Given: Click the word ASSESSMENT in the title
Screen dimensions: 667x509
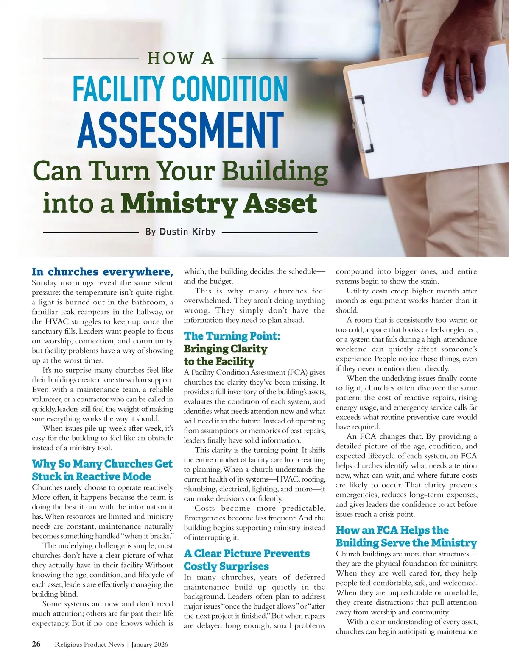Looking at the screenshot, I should point(180,130).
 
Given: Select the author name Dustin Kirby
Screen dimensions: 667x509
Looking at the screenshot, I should point(187,232).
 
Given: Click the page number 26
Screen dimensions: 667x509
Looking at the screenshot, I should point(36,644).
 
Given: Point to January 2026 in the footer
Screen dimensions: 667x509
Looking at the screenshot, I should point(150,645).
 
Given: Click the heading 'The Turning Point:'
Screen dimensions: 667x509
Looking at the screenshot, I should point(232,336).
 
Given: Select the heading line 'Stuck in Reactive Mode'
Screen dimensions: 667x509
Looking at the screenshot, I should point(91,476).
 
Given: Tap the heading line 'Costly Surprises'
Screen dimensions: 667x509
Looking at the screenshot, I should point(226,566).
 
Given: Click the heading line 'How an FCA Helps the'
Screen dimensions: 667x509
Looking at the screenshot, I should point(392,530).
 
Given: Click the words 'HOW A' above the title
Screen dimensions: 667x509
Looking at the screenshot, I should point(180,58).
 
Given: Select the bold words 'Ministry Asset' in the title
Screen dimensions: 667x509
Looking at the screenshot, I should point(218,204).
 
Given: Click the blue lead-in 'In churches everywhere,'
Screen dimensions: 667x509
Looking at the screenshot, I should point(102,271).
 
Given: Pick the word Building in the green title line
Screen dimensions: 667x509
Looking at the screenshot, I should point(275,171).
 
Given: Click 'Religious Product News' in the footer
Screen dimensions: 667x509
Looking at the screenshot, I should point(89,645).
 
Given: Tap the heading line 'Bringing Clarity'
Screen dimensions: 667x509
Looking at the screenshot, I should point(225,349).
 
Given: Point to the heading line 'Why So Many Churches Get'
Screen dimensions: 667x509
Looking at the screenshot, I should point(102,464).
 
